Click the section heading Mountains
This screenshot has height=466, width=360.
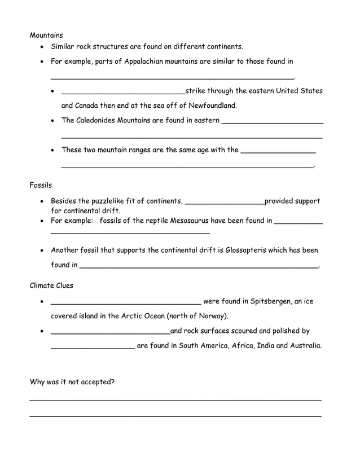(x=46, y=35)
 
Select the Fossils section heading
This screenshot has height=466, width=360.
(x=41, y=185)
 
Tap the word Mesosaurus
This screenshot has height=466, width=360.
(x=201, y=221)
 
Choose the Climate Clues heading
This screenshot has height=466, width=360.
(x=51, y=285)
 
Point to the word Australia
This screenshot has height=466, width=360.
(x=305, y=346)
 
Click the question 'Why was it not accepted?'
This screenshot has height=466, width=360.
(x=72, y=382)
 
